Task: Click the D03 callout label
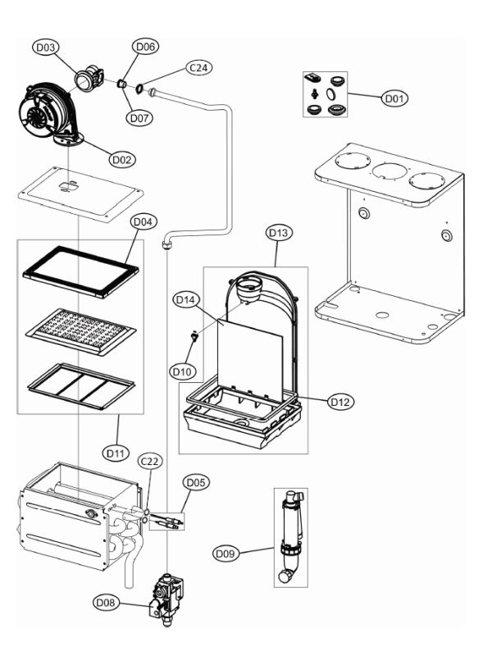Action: click(x=44, y=48)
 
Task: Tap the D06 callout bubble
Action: click(x=144, y=48)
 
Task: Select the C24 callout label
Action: click(x=198, y=68)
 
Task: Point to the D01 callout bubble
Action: click(x=394, y=98)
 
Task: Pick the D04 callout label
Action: click(x=142, y=221)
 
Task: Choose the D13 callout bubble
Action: click(x=279, y=233)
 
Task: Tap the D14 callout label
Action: click(x=184, y=301)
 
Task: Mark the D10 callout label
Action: click(x=182, y=371)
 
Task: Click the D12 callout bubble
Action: click(x=339, y=402)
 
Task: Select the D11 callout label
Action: click(x=115, y=450)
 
